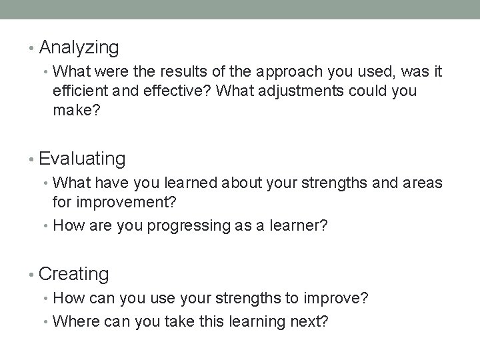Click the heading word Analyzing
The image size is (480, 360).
coord(79,48)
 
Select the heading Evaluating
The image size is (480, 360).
coord(82,159)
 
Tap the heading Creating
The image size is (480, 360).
coord(74,273)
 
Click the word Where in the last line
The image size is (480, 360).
coord(73,322)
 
